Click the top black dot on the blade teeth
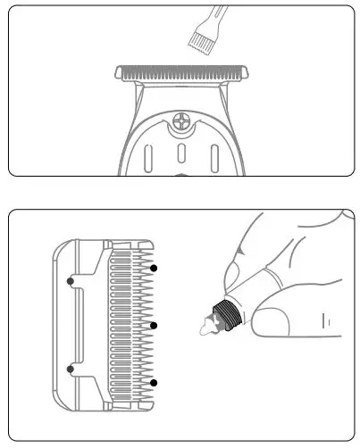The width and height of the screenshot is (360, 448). click(x=154, y=268)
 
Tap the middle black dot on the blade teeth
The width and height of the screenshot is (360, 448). click(x=154, y=326)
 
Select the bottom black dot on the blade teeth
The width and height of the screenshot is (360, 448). click(x=154, y=383)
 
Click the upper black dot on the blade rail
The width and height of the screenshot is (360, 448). click(x=71, y=283)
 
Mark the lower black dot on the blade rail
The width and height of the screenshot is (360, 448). click(x=71, y=368)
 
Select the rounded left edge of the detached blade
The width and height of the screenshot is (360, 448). click(x=58, y=326)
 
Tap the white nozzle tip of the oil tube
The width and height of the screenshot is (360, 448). click(x=210, y=327)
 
